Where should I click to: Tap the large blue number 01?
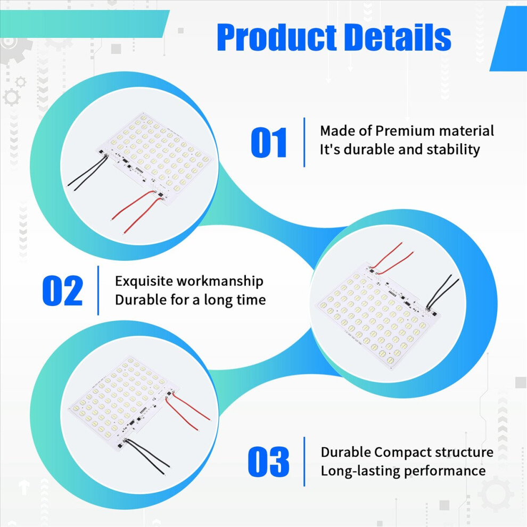click(269, 143)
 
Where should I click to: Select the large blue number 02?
click(62, 291)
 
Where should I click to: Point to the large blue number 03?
click(268, 462)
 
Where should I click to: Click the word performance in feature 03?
click(444, 471)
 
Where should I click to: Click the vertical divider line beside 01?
click(304, 142)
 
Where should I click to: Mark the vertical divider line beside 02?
click(98, 291)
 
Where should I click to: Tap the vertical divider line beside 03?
click(304, 462)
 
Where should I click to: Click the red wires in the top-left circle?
click(138, 211)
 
